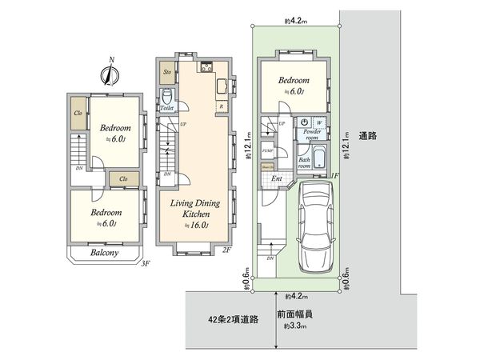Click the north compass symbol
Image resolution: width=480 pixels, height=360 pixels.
point(111,73)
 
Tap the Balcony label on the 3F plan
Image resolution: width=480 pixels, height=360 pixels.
point(103,253)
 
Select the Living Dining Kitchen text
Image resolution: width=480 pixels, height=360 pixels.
point(190,210)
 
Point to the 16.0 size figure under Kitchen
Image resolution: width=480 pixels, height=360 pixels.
point(197,226)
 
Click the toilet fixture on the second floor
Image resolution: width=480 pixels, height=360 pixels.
point(167,95)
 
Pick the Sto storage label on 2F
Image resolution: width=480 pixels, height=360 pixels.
point(167,73)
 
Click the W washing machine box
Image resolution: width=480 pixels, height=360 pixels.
point(319,122)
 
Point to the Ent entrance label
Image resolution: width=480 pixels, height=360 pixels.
point(277,178)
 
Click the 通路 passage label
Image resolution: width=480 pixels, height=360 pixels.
point(369,135)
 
